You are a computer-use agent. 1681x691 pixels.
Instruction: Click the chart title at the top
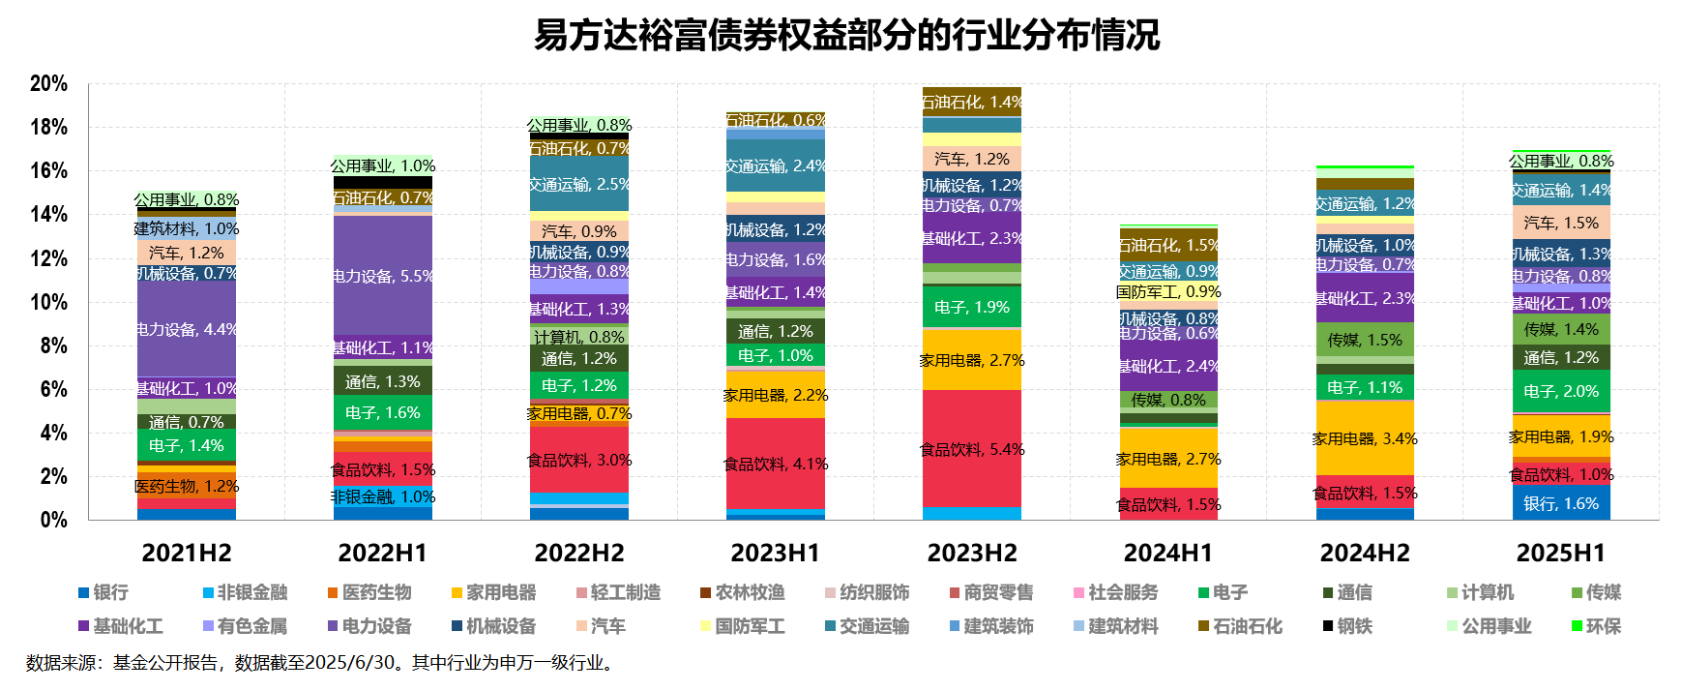[846, 36]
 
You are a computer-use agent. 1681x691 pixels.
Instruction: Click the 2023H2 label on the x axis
[972, 553]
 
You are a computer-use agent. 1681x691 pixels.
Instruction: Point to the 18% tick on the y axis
[48, 128]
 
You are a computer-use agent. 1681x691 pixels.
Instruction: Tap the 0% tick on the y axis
[53, 520]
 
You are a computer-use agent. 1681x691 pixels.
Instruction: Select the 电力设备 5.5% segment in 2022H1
[383, 276]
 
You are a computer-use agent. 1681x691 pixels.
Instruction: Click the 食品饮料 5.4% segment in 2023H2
[972, 449]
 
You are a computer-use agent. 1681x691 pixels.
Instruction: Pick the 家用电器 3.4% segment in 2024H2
[1365, 438]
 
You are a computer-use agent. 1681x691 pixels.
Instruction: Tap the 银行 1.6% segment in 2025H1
[1561, 503]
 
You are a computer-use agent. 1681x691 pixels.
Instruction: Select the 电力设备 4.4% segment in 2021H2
[187, 329]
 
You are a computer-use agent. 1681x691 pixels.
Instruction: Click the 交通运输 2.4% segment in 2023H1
[776, 165]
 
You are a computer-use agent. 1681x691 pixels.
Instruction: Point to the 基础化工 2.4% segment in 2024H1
[1168, 366]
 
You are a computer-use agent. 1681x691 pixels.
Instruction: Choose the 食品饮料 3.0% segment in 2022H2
[579, 460]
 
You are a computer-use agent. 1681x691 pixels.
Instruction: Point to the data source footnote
[319, 663]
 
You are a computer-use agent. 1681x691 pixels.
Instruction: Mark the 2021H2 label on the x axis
[187, 553]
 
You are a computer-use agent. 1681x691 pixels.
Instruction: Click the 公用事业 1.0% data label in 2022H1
[383, 165]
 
